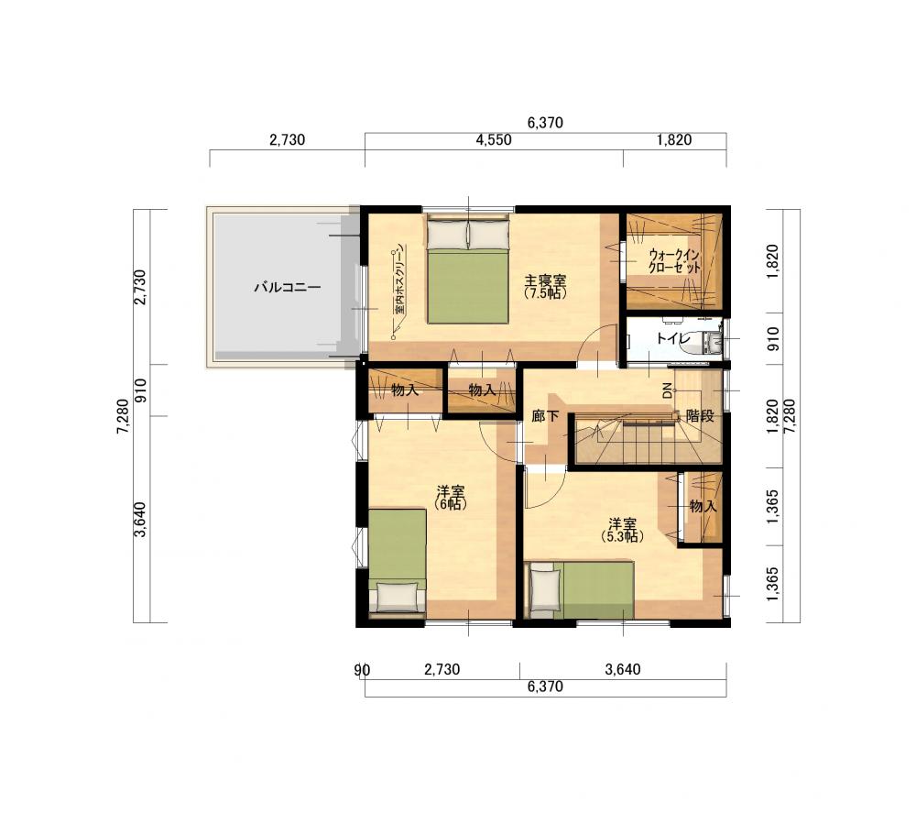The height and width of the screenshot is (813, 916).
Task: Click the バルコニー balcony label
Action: click(288, 288)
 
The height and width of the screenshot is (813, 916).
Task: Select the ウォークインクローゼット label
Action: click(674, 262)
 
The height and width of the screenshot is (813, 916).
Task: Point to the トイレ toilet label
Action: click(673, 338)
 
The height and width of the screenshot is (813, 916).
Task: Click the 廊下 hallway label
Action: click(545, 416)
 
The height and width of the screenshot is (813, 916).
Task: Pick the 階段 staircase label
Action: click(700, 416)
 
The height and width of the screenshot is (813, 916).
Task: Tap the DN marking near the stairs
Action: click(667, 391)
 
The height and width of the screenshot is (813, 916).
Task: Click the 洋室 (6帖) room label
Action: click(451, 497)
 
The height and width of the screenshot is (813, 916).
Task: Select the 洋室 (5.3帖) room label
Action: click(623, 530)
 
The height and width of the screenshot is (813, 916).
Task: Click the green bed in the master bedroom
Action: click(467, 270)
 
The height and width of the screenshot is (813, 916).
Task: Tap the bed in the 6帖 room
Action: click(398, 563)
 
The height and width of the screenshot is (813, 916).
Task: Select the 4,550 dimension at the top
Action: click(494, 140)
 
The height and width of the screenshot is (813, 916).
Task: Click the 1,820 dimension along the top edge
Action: click(674, 140)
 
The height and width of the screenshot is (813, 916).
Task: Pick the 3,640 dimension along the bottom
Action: click(623, 669)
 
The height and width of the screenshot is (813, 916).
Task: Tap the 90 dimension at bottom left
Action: click(362, 670)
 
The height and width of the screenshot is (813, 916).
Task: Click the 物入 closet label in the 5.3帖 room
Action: click(703, 506)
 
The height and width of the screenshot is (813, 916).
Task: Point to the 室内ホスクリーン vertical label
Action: click(399, 280)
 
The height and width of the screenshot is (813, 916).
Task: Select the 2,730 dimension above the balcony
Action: click(288, 140)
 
